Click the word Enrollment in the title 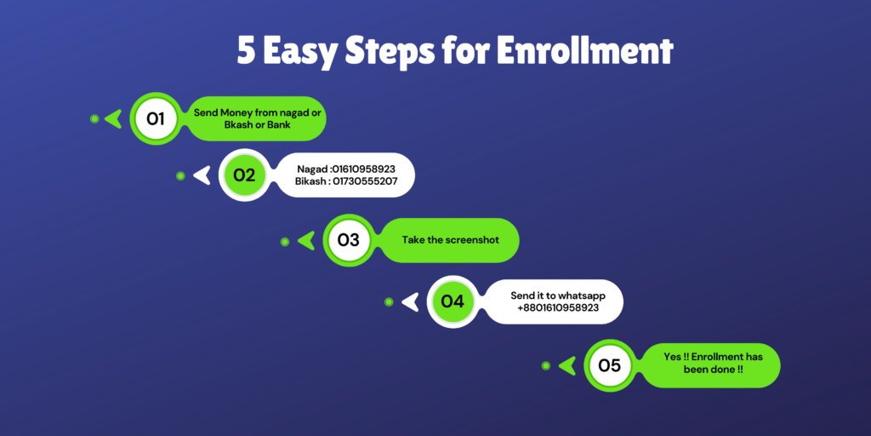pos(585,52)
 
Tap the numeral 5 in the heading pos(246,52)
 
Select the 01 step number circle pos(156,118)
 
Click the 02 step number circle pos(244,175)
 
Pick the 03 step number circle pos(348,240)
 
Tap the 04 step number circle pos(453,301)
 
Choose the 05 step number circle pos(609,365)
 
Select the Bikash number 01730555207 pos(366,181)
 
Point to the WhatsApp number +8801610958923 pos(558,307)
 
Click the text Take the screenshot pos(451,240)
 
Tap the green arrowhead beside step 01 pos(114,118)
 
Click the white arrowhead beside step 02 pos(202,175)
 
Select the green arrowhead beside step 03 pos(307,240)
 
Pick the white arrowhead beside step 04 pos(411,301)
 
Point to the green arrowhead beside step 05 pos(567,365)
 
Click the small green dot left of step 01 pos(94,118)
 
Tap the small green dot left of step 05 pos(546,365)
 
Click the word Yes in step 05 pos(672,357)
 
